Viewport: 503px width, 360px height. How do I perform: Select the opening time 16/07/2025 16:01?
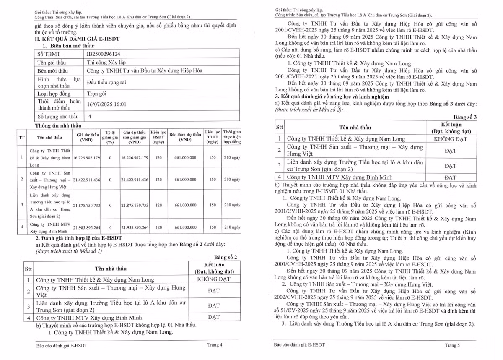[x=106, y=104]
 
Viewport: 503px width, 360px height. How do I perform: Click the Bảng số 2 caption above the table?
[x=226, y=257]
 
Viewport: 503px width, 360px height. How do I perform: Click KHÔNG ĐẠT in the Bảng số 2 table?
[x=213, y=279]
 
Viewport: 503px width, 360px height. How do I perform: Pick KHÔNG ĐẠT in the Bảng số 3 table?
[x=450, y=139]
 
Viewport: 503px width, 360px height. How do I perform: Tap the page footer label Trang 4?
[x=215, y=345]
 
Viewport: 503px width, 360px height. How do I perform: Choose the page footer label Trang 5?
[x=452, y=345]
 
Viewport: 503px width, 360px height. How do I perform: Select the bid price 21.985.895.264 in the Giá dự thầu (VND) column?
[x=87, y=227]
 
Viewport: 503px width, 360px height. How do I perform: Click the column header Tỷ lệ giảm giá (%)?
[x=110, y=137]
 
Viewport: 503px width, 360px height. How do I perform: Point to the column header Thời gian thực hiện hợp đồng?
[x=232, y=137]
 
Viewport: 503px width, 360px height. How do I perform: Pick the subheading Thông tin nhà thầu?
[x=59, y=125]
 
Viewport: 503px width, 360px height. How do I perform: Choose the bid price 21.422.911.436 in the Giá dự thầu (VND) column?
[x=87, y=180]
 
